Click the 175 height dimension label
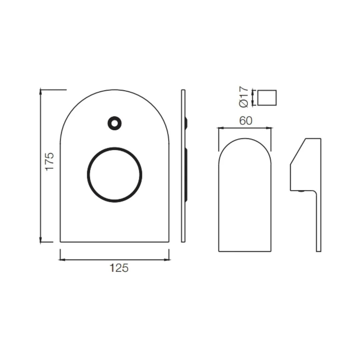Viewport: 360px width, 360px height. (x=49, y=161)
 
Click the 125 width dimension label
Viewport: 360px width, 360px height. (x=119, y=268)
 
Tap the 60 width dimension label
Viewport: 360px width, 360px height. (x=246, y=121)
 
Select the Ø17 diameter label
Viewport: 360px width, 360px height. (x=244, y=97)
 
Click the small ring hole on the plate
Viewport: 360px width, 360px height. (x=114, y=123)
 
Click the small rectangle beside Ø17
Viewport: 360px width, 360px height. (x=267, y=98)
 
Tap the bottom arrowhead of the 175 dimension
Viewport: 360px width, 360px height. (x=41, y=240)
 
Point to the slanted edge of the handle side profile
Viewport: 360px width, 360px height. (x=298, y=151)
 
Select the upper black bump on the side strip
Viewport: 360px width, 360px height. (x=186, y=123)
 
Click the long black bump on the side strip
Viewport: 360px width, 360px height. (x=186, y=175)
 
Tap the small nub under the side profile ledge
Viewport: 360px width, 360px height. (x=301, y=191)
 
